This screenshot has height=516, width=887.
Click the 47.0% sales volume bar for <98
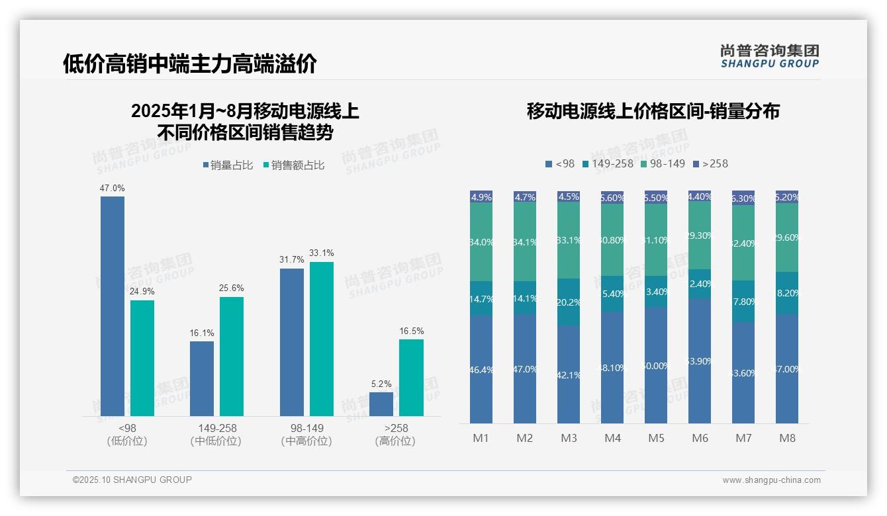click(113, 306)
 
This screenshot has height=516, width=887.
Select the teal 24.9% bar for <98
click(142, 358)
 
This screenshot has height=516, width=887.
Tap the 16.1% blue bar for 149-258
click(202, 378)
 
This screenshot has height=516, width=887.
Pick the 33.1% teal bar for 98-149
click(322, 339)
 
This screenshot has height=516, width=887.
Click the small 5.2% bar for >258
click(381, 404)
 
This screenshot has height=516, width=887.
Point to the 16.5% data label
click(411, 331)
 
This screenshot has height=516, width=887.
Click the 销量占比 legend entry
click(228, 165)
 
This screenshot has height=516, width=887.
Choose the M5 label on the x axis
click(656, 438)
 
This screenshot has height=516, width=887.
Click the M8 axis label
click(787, 438)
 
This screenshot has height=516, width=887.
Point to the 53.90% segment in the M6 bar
click(700, 361)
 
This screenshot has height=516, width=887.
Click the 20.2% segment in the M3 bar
click(569, 302)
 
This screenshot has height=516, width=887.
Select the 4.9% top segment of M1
click(481, 197)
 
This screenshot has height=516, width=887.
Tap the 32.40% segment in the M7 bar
click(743, 243)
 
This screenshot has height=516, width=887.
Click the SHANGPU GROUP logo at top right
click(769, 56)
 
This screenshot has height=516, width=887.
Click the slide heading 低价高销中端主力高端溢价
click(190, 64)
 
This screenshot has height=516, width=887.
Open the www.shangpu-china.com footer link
click(771, 480)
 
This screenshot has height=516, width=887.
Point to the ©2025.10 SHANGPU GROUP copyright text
click(132, 480)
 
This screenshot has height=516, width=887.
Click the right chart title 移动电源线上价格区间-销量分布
click(653, 111)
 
